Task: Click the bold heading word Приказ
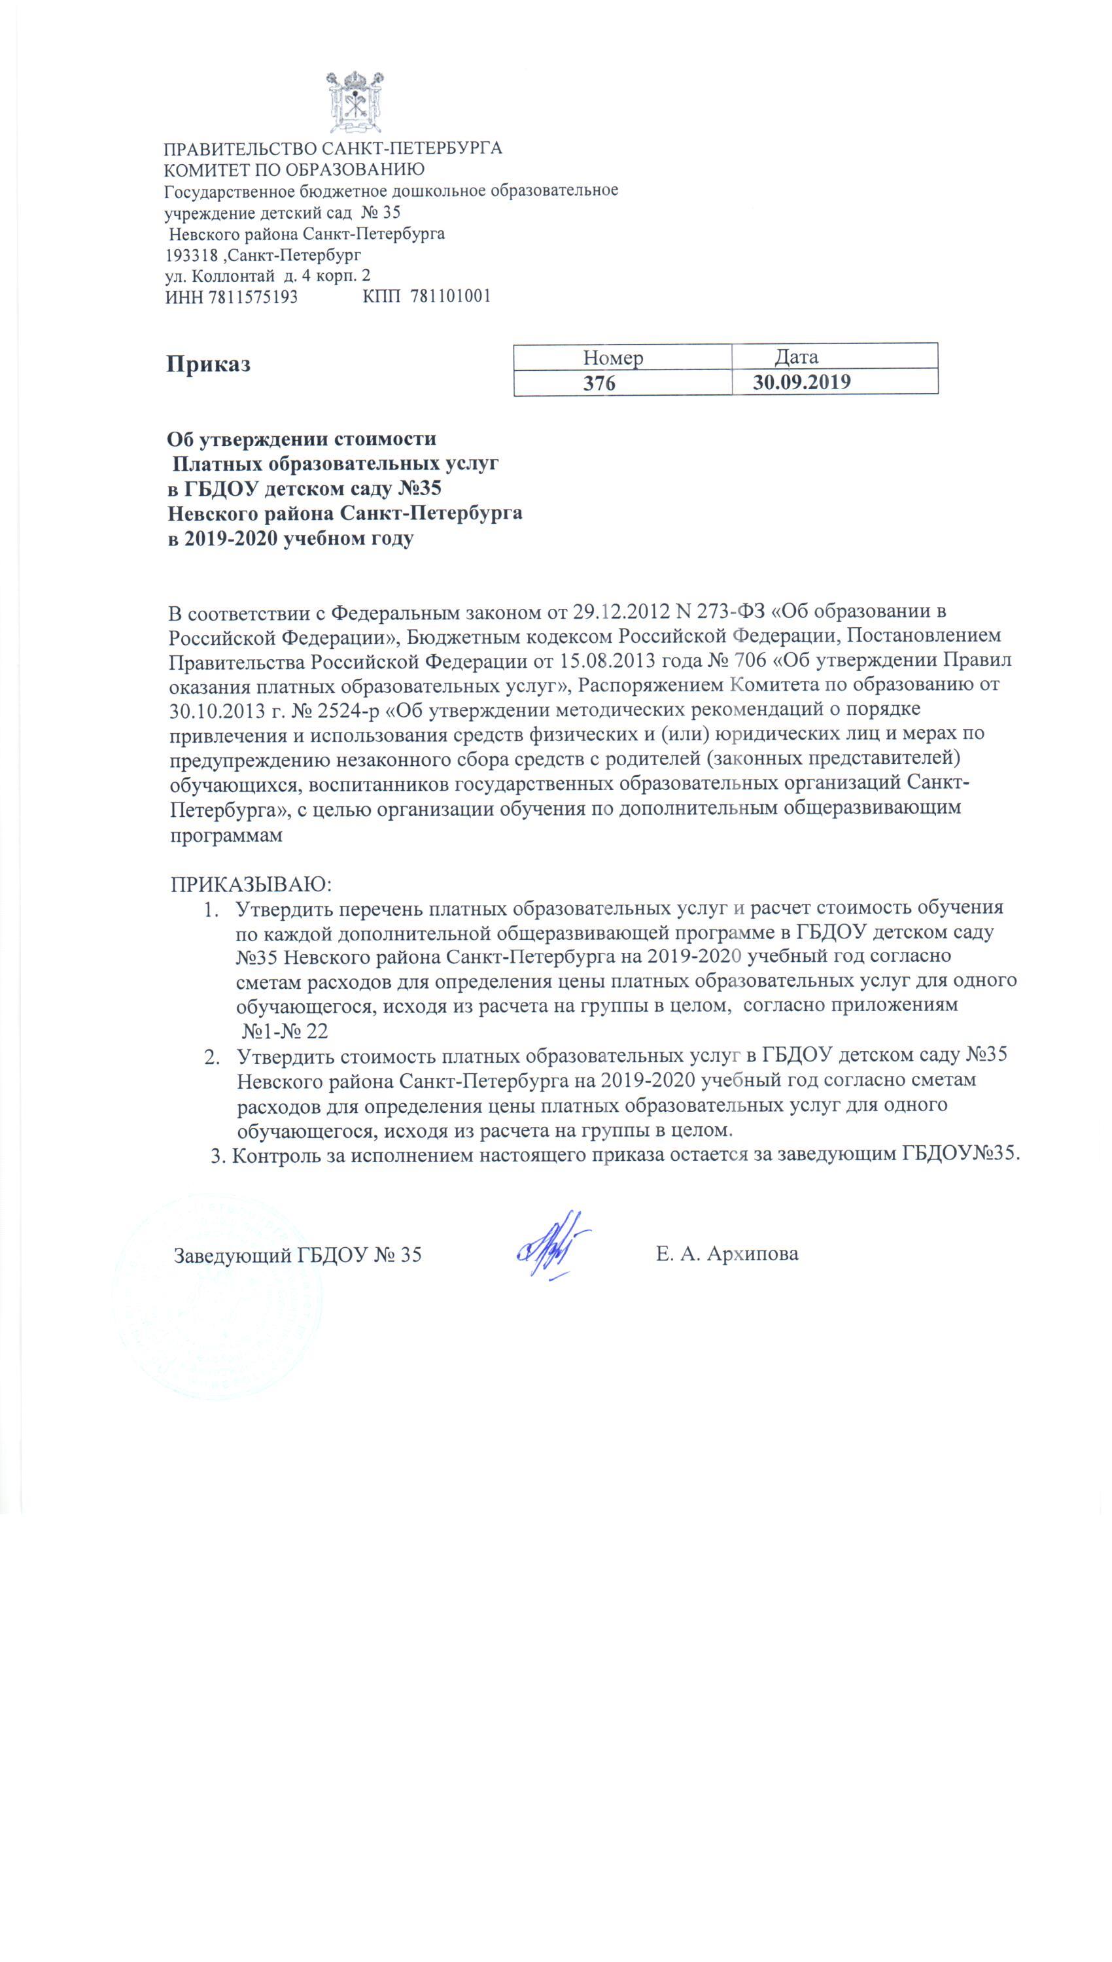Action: coord(209,364)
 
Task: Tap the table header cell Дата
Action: coord(796,356)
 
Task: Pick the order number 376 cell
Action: coord(600,383)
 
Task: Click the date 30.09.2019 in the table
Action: coord(801,382)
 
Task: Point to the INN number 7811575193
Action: coord(252,297)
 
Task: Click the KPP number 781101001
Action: coord(451,296)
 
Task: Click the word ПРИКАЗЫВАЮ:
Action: coord(251,884)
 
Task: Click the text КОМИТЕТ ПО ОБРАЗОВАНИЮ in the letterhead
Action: coord(295,169)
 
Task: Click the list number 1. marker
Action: coord(211,908)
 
